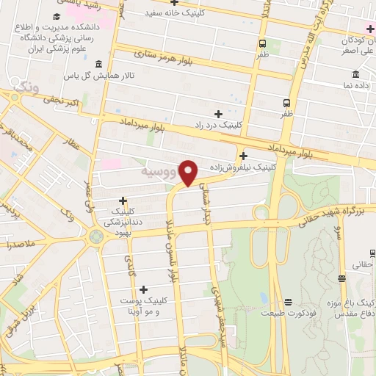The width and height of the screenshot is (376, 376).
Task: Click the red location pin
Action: [189, 173]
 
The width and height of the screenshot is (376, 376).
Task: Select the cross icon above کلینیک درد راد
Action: [217, 114]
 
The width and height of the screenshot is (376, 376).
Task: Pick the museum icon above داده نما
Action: [355, 74]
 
